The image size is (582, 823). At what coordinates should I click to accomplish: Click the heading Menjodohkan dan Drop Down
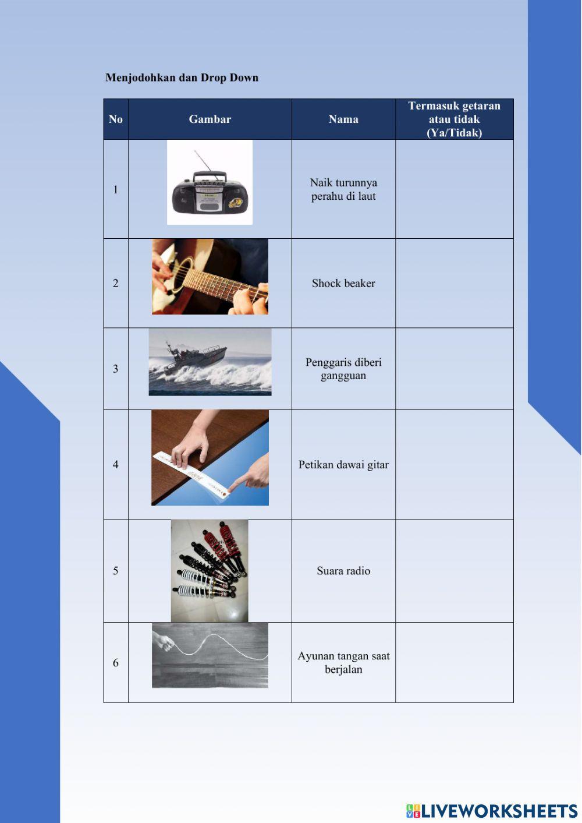point(182,77)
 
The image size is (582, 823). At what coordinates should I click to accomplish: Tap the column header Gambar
point(210,119)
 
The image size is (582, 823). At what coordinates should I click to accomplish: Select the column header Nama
point(343,119)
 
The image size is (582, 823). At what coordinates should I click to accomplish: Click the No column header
point(116,119)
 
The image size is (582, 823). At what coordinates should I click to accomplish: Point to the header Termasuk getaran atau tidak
point(454,112)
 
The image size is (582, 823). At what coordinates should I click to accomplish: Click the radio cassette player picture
point(210,182)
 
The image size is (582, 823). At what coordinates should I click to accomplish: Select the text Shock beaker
point(343,283)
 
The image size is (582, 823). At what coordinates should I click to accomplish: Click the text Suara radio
point(343,571)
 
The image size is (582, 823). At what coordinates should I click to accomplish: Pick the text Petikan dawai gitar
point(343,465)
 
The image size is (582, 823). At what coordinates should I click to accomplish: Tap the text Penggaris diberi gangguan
point(343,369)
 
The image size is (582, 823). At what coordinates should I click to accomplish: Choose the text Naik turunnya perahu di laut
point(343,189)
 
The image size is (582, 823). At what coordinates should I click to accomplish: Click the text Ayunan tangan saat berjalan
point(343,662)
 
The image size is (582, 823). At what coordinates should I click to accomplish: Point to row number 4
point(116,465)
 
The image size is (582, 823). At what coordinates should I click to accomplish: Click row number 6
point(116,663)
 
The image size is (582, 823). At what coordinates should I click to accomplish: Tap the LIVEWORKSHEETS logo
point(492,810)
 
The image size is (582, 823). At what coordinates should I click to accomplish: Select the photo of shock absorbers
point(210,571)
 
